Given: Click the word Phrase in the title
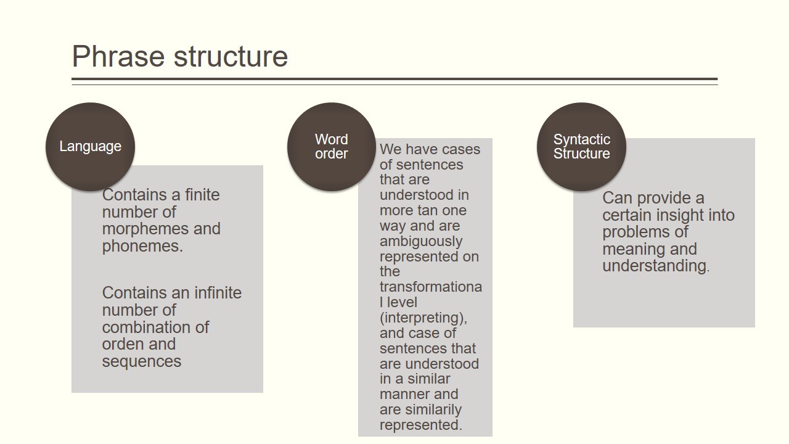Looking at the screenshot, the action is coord(118,56).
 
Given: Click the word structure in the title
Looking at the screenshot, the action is coord(231,57).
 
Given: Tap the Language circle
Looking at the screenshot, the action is coord(90,147).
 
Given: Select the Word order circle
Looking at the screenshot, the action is coord(332,147).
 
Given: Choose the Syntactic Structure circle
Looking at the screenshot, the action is coord(581,147).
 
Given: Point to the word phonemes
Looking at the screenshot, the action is coord(142,245).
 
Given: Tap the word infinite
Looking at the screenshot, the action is coord(218,293).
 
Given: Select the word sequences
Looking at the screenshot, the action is coord(142,361).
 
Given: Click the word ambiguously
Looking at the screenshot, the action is coord(421,241).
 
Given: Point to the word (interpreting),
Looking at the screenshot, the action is coord(423,318).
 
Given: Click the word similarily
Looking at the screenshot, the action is coord(434,410).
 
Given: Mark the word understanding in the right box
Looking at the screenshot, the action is coord(656,266).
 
